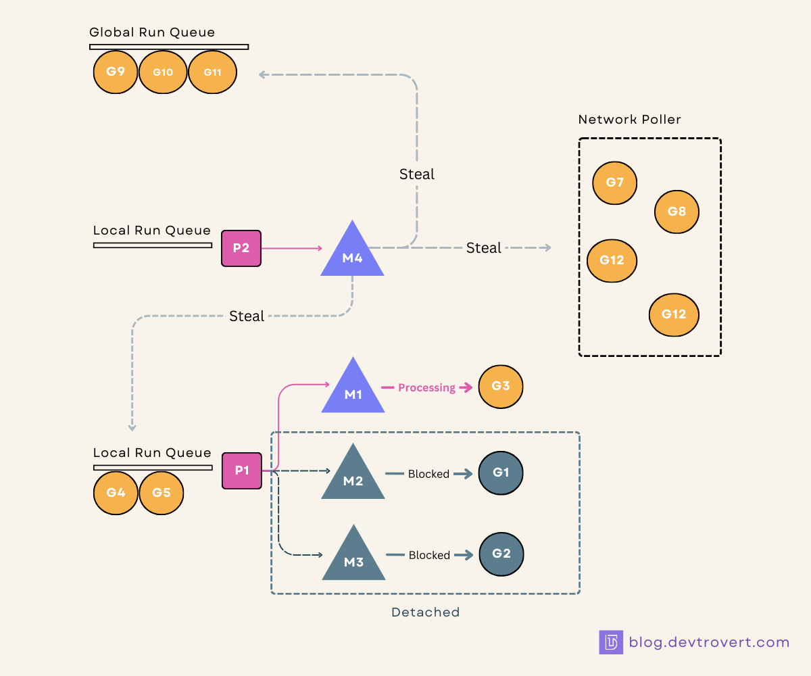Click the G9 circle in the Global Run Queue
[116, 71]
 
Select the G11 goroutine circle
[212, 71]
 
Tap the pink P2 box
[241, 248]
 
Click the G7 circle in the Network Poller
[614, 182]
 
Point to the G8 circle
[677, 212]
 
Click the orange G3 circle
[501, 387]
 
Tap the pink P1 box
[241, 470]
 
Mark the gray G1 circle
[501, 473]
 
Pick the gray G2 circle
[501, 554]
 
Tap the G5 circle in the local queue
[162, 493]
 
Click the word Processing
[426, 388]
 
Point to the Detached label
[425, 612]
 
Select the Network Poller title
[629, 120]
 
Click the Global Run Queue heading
[152, 32]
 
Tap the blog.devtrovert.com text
[708, 642]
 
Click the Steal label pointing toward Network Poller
[483, 248]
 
